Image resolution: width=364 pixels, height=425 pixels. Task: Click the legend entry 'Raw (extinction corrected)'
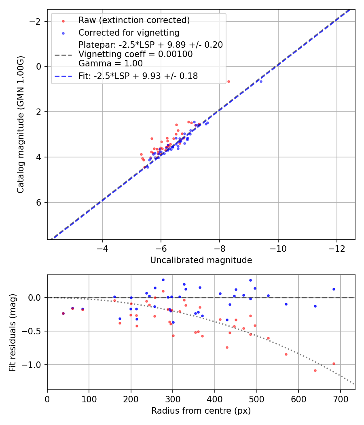coord(134,20)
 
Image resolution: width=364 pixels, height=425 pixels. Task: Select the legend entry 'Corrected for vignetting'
coord(129,32)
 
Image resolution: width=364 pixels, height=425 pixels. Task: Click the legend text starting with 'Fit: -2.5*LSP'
coord(138,76)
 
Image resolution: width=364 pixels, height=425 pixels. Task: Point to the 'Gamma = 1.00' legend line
coord(110,63)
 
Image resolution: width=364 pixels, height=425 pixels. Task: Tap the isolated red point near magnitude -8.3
coord(229,81)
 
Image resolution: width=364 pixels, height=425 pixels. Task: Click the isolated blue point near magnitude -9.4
coord(261,81)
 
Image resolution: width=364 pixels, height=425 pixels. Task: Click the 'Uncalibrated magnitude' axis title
coord(201,260)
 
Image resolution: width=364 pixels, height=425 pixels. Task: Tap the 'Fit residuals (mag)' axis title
coord(12,332)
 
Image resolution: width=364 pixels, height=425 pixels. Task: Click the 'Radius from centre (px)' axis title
coord(201,411)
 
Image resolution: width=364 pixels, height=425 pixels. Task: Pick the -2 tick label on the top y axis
coord(37,21)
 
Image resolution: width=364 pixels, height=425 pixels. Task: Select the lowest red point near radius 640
coord(315,370)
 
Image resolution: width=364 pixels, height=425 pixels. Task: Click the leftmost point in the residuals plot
coord(63,313)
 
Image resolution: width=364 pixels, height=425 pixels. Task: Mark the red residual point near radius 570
coord(286,354)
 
